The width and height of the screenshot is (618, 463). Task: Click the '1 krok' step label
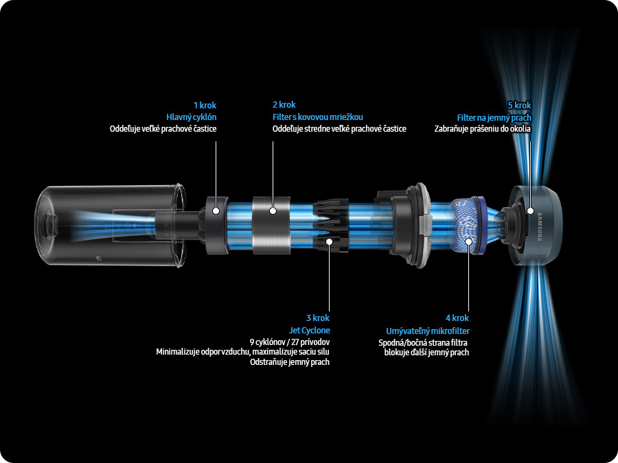[205, 106]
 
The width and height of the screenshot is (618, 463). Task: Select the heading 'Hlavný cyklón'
[191, 117]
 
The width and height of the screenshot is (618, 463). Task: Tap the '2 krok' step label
[284, 105]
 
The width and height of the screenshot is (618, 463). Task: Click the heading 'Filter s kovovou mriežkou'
[318, 117]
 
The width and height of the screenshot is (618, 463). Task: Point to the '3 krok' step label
[318, 318]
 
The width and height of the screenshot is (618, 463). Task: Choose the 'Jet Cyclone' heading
[310, 331]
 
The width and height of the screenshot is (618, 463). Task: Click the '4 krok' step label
[457, 318]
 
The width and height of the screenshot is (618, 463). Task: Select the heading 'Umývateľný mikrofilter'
[428, 331]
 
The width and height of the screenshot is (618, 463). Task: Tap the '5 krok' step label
[520, 106]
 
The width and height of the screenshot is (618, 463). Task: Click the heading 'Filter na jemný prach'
[494, 118]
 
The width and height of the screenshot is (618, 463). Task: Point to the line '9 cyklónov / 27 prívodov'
[290, 342]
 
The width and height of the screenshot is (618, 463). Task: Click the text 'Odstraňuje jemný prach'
[290, 362]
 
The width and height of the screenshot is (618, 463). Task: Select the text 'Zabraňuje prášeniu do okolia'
[483, 129]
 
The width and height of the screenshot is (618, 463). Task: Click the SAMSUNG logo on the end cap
[540, 227]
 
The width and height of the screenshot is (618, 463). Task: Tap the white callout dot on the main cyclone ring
[216, 211]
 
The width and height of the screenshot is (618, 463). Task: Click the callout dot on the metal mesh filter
[273, 211]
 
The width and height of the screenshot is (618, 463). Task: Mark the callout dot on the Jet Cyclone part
[329, 241]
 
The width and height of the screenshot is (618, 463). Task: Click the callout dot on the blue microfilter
[468, 241]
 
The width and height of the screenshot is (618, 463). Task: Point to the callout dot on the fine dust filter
[530, 211]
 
